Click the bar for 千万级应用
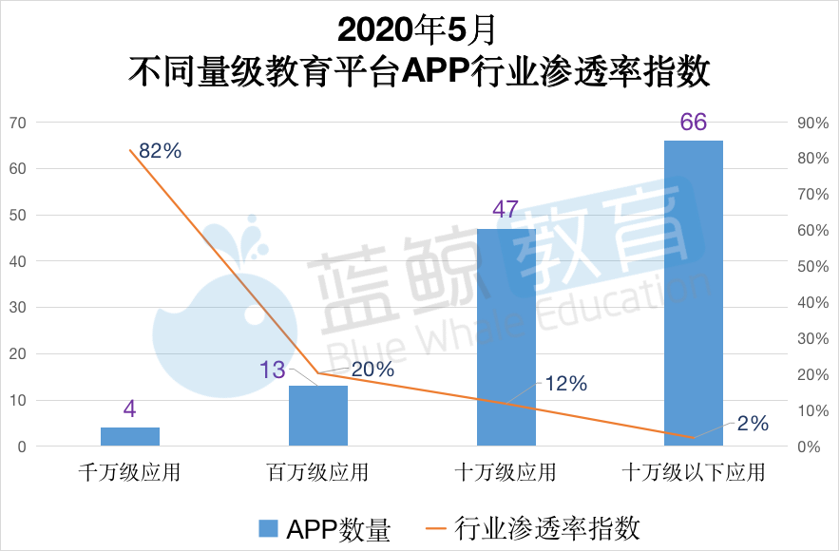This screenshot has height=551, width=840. pos(130,436)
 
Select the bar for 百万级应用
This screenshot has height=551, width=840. pos(318,415)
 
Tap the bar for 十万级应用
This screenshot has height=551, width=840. pos(506,337)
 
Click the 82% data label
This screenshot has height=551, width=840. pos(160,150)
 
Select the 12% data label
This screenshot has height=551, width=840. pos(565,384)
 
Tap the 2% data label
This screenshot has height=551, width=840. pos(752,424)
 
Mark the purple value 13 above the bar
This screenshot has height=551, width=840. pos(272,369)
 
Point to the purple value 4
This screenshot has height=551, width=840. pos(129,410)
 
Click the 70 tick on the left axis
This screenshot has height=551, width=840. pos(18,123)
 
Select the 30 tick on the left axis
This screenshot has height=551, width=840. pos(18,308)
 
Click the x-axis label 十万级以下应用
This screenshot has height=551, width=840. pos(693,472)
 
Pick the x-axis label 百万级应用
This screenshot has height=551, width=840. pos(317,472)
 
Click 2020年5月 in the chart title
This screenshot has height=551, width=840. pos(418,30)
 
